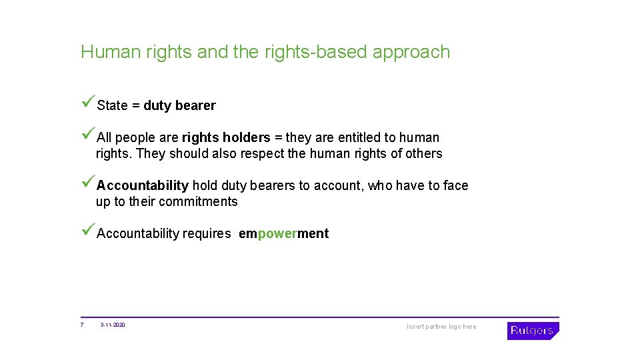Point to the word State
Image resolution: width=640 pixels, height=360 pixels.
pyautogui.click(x=112, y=105)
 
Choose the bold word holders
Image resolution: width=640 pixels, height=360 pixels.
pyautogui.click(x=246, y=137)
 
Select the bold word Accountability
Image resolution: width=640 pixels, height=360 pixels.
pyautogui.click(x=143, y=185)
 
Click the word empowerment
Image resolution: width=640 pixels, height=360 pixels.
pyautogui.click(x=283, y=233)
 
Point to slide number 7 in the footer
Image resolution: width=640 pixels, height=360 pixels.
pyautogui.click(x=81, y=325)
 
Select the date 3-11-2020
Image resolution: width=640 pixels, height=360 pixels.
pyautogui.click(x=113, y=325)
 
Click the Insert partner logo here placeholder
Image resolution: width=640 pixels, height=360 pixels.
pyautogui.click(x=441, y=327)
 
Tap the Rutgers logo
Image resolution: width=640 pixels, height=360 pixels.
pyautogui.click(x=532, y=331)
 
